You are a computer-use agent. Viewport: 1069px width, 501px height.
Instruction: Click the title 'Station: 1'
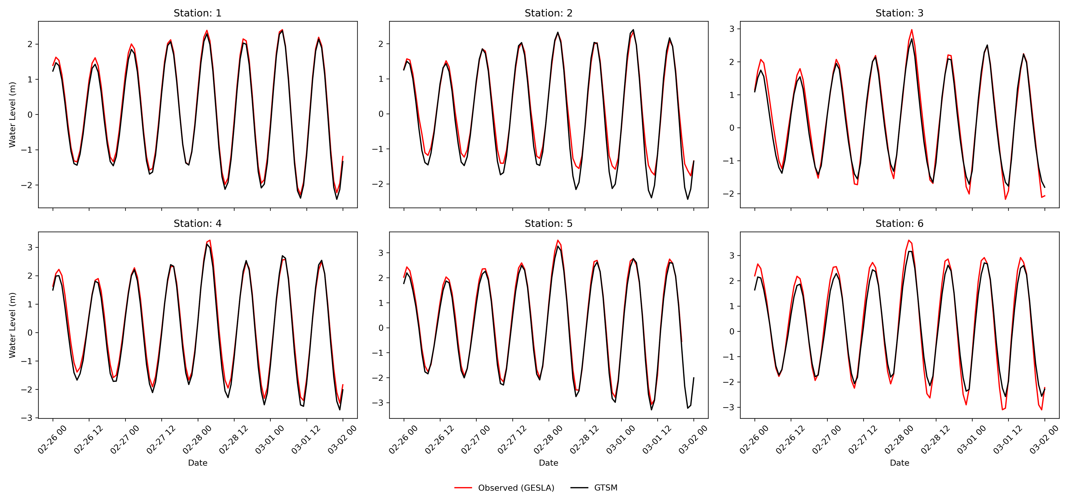pos(198,13)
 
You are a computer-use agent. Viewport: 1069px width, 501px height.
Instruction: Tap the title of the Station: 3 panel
pos(899,13)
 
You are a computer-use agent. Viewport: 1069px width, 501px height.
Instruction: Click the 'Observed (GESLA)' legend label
pos(516,488)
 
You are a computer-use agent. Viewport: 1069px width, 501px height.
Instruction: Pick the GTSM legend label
pos(606,488)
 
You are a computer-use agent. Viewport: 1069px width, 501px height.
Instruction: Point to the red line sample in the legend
pos(463,488)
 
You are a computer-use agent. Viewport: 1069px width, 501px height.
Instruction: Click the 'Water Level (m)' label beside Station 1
pos(12,115)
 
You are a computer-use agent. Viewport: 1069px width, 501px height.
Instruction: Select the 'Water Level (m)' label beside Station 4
pos(12,325)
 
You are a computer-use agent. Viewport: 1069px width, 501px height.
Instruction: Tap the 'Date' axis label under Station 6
pos(899,463)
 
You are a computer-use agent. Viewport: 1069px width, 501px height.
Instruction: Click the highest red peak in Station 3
pos(911,30)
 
